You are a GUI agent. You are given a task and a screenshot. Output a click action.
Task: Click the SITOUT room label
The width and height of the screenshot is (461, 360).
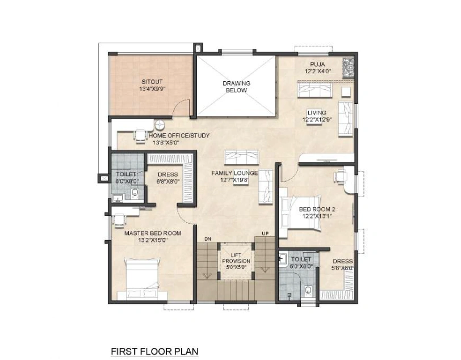point(152,82)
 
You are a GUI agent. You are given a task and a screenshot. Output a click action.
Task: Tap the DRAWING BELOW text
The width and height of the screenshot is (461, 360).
point(236,87)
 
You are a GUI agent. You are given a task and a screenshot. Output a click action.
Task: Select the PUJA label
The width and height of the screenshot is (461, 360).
point(317,64)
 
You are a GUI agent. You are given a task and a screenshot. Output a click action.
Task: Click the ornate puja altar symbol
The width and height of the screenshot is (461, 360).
point(349,68)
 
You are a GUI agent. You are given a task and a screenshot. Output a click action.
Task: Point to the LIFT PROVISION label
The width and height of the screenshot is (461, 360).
point(236,258)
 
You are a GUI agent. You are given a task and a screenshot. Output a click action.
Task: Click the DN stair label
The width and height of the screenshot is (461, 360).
point(208,239)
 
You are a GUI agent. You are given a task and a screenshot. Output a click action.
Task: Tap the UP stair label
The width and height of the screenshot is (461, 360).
point(265,233)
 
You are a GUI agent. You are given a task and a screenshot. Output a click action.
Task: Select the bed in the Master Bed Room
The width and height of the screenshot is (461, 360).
point(143,279)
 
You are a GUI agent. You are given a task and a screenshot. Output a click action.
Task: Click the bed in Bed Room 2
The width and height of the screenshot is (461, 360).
point(299,212)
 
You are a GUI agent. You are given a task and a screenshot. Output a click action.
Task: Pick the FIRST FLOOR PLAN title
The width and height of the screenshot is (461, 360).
point(154,351)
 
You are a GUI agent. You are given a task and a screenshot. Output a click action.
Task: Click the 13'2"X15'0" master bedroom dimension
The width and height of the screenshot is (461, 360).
point(153,240)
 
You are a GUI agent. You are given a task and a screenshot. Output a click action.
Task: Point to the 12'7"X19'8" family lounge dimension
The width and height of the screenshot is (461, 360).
point(234,180)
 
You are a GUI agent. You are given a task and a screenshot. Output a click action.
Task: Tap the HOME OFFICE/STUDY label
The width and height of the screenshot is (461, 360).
point(179,136)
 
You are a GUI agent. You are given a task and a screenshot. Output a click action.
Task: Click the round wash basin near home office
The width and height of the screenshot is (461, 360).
point(160,125)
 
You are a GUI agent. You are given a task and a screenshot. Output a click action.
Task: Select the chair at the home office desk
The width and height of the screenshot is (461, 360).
point(141,136)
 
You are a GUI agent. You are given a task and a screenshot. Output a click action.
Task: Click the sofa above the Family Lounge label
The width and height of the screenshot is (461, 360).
point(241,157)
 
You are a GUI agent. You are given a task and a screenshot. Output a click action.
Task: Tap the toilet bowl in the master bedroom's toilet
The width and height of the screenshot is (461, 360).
point(135,192)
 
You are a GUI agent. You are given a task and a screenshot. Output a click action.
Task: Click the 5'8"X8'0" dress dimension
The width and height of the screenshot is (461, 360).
point(343,268)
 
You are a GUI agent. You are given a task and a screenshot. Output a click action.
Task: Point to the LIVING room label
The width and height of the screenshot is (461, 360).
point(317,112)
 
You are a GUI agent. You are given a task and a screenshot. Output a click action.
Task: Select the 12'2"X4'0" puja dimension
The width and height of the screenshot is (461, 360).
point(318,71)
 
